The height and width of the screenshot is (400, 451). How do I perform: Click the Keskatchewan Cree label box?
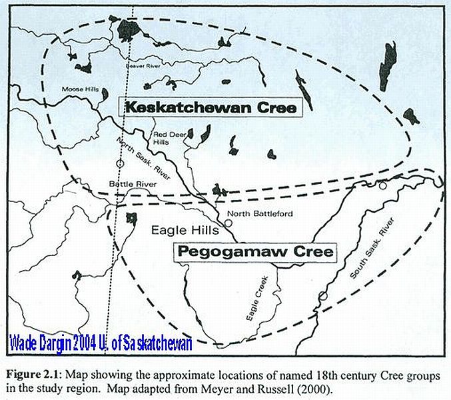pyautogui.click(x=210, y=107)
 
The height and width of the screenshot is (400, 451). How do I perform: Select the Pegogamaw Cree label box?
pyautogui.click(x=254, y=253)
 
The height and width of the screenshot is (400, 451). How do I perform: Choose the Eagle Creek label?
pyautogui.click(x=256, y=297)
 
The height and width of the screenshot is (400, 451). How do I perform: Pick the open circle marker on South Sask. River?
pyautogui.click(x=323, y=295)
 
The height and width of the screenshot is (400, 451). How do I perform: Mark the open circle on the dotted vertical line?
pyautogui.click(x=120, y=163)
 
